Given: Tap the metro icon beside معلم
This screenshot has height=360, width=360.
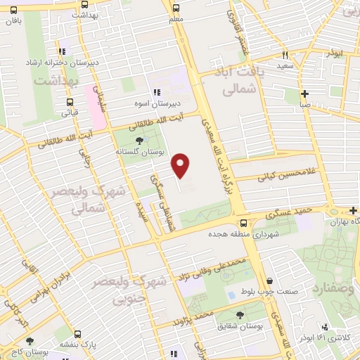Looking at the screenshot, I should click(x=175, y=8).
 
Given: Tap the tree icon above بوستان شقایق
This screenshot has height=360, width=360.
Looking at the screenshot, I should click(x=240, y=316).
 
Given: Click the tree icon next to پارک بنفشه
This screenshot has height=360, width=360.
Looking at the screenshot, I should click(x=78, y=335).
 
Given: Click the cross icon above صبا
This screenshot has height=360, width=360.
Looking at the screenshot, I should click(x=304, y=93).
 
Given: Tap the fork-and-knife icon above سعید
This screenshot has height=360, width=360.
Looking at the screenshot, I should click(x=285, y=54).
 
